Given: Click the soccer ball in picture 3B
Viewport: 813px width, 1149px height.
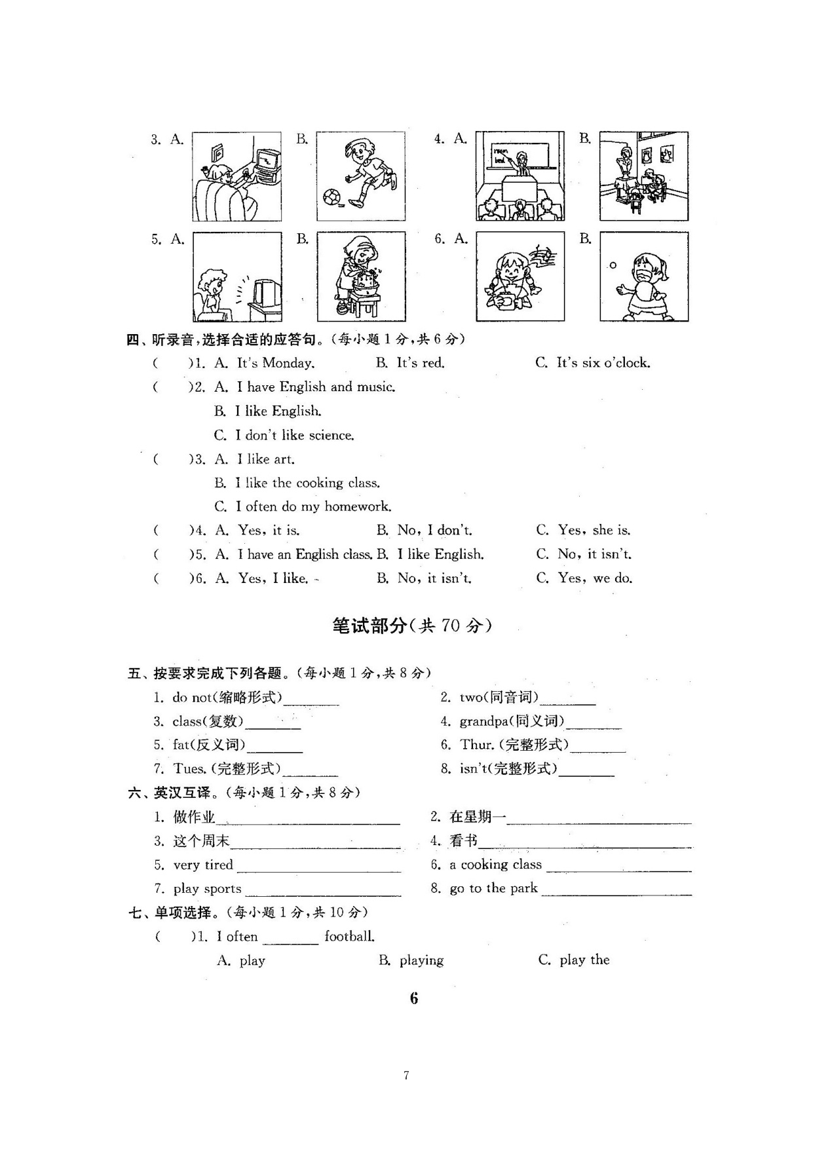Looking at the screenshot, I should click(331, 197).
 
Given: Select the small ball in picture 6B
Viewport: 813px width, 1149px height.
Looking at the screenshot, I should click(613, 265).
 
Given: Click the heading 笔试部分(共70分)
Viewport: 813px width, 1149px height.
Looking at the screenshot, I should click(412, 626).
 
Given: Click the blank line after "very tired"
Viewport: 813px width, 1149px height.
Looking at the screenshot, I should click(319, 869).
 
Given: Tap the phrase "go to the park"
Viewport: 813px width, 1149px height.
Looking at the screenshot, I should click(493, 888).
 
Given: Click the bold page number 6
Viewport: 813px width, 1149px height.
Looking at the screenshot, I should click(413, 998).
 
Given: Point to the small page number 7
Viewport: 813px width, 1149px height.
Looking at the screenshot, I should click(406, 1075).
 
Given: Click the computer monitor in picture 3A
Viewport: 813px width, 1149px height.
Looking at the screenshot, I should click(268, 161).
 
